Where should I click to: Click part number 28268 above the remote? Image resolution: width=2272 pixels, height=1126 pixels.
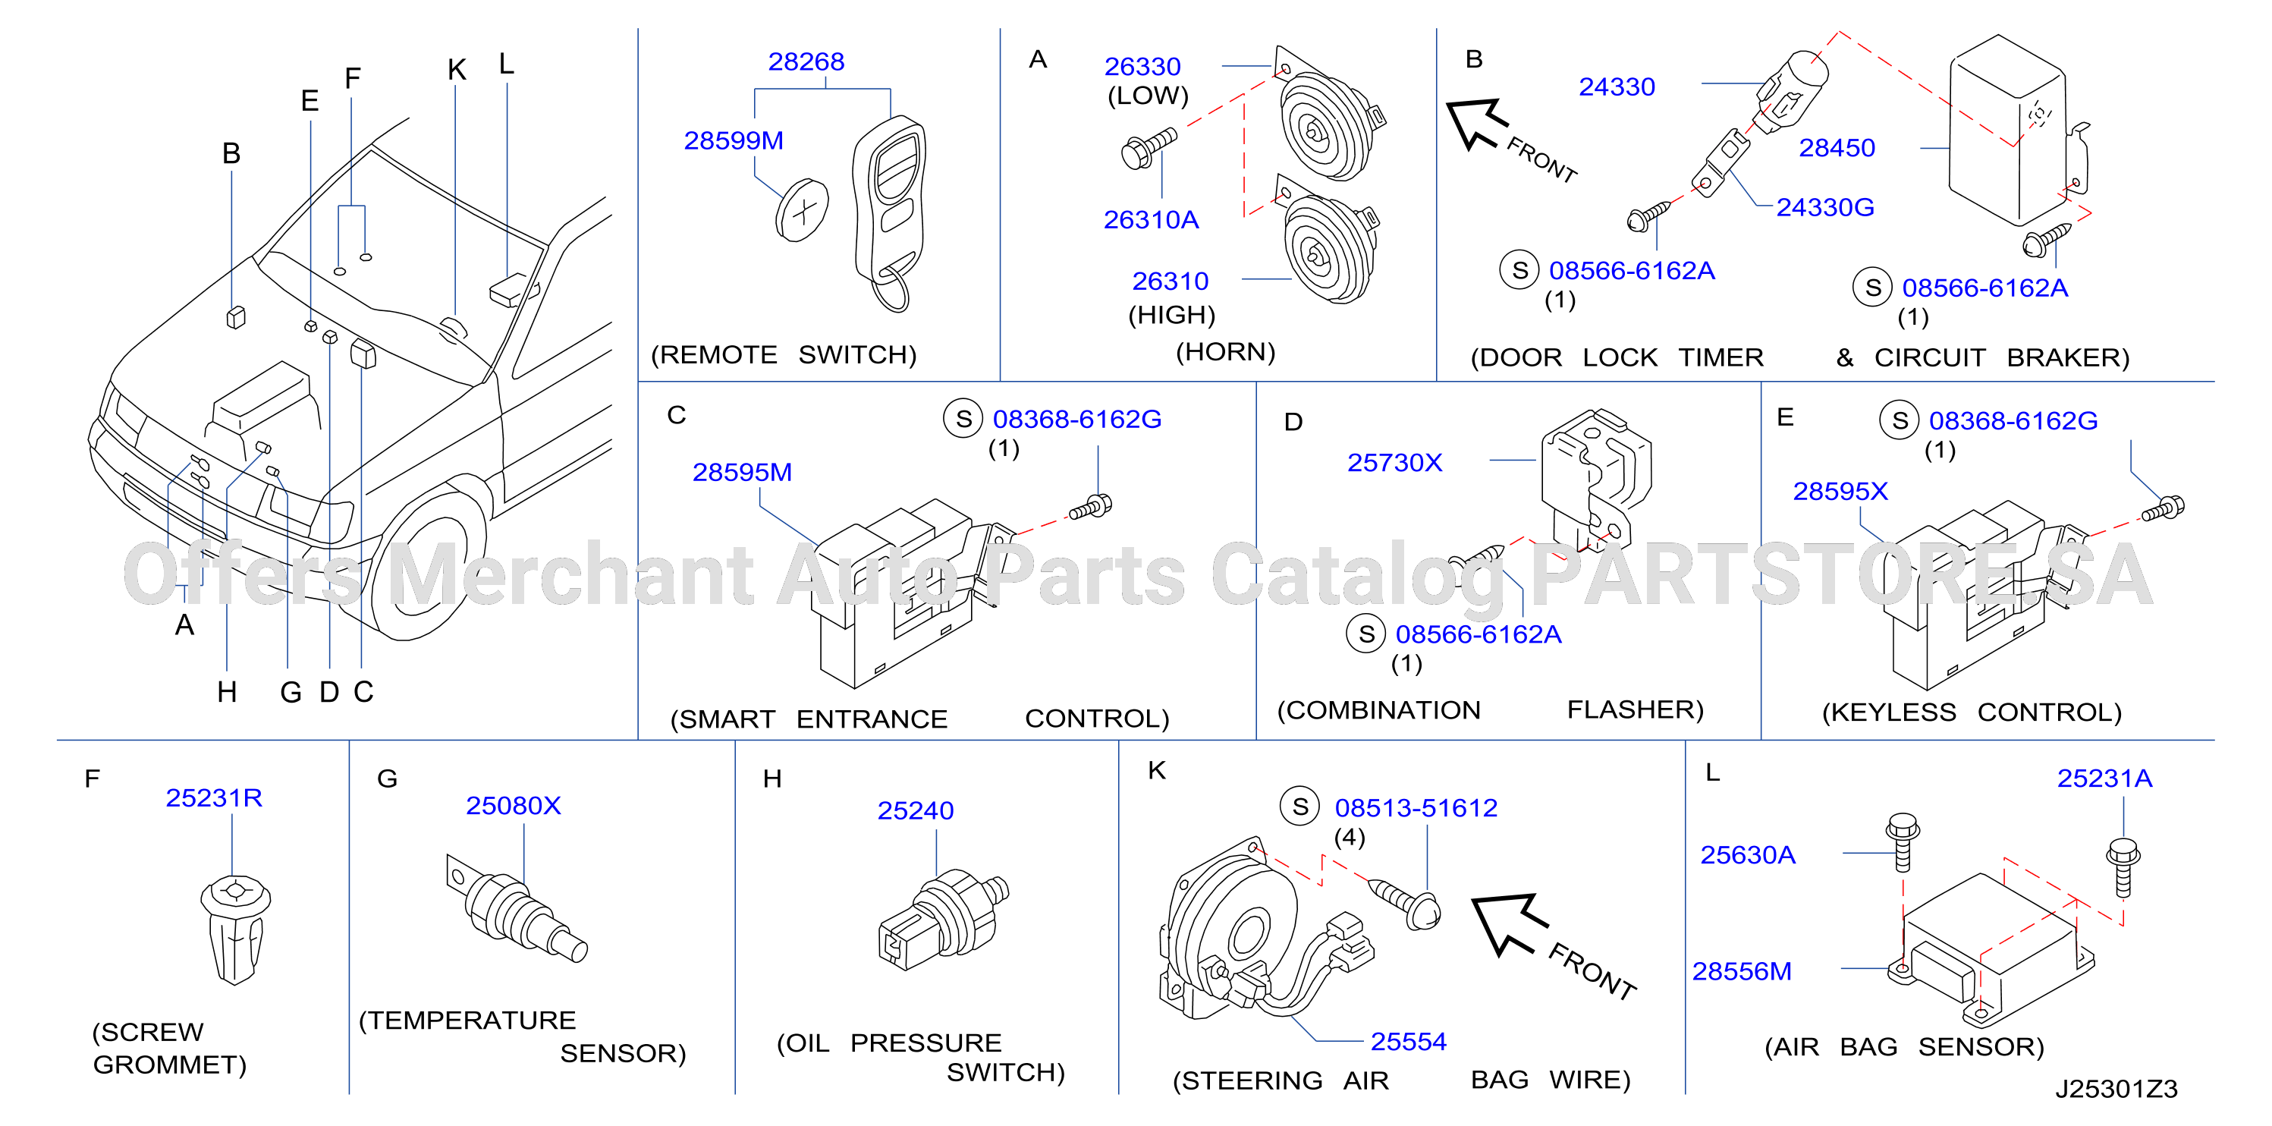point(806,61)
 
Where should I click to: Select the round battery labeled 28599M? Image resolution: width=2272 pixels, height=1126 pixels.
point(802,210)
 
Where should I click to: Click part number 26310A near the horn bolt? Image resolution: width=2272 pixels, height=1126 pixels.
point(1151,220)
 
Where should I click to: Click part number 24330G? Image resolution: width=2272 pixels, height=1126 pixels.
point(1825,207)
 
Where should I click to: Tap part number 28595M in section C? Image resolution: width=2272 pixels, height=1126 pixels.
point(742,473)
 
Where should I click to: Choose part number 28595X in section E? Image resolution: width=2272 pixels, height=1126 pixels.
point(1840,492)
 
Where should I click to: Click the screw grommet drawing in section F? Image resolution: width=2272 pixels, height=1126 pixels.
point(234,929)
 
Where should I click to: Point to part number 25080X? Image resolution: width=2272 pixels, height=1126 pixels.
point(514,806)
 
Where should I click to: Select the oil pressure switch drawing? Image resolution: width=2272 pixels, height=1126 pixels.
point(943,919)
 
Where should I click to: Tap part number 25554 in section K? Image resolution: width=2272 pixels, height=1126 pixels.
point(1409,1043)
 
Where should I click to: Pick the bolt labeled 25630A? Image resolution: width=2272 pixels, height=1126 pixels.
point(1903,843)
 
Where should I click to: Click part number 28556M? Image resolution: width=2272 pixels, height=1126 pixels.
point(1742,971)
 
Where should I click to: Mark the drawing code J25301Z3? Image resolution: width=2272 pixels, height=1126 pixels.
point(2116,1089)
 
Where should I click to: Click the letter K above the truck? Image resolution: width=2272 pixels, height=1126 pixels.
point(457,70)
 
